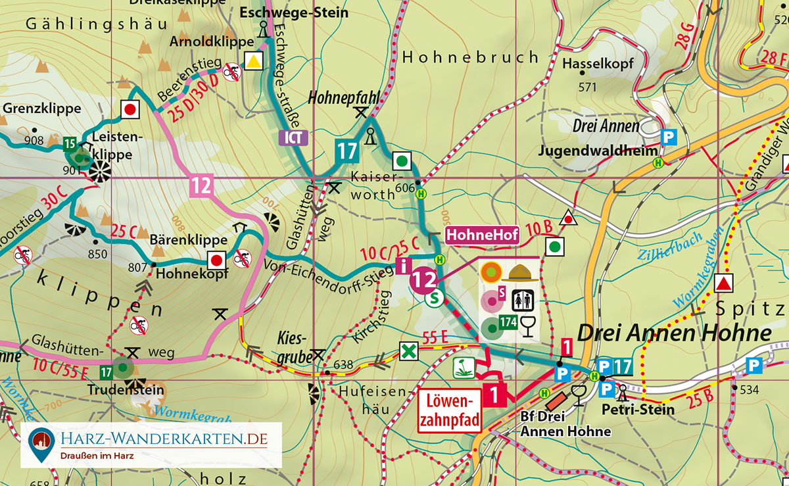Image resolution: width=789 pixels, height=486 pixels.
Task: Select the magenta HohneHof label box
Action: tap(483, 234)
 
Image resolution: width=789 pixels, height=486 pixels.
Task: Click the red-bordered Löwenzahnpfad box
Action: tap(447, 410)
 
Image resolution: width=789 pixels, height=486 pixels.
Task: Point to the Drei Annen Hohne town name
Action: tap(675, 333)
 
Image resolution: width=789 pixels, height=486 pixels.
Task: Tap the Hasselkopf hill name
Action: tap(598, 64)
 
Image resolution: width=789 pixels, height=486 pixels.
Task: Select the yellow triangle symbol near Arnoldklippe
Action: tap(252, 62)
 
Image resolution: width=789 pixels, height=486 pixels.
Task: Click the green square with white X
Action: tap(409, 351)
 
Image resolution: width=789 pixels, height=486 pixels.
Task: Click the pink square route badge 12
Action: tap(201, 186)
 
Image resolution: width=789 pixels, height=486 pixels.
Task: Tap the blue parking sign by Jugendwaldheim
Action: tap(669, 137)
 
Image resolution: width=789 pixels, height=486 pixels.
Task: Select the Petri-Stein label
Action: tap(638, 410)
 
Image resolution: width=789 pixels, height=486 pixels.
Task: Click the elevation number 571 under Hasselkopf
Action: tap(586, 87)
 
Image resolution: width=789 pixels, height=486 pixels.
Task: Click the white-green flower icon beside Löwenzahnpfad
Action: tap(464, 368)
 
